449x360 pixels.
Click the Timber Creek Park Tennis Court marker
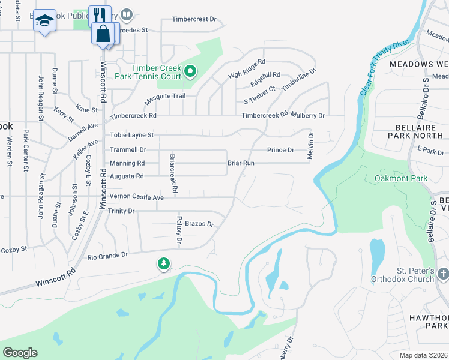click(x=190, y=73)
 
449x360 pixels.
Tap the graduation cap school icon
click(x=44, y=22)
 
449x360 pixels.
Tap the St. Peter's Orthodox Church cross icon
click(x=442, y=274)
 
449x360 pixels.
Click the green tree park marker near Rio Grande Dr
click(x=163, y=263)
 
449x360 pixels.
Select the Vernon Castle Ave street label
click(x=136, y=197)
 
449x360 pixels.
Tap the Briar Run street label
click(x=241, y=163)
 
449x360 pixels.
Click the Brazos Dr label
click(x=199, y=224)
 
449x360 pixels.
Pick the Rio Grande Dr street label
click(x=108, y=255)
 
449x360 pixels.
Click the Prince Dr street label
click(x=280, y=149)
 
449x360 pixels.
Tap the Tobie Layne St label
click(x=132, y=135)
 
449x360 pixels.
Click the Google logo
click(x=20, y=353)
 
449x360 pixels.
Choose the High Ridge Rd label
click(x=247, y=69)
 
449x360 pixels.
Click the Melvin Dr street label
click(x=310, y=146)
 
